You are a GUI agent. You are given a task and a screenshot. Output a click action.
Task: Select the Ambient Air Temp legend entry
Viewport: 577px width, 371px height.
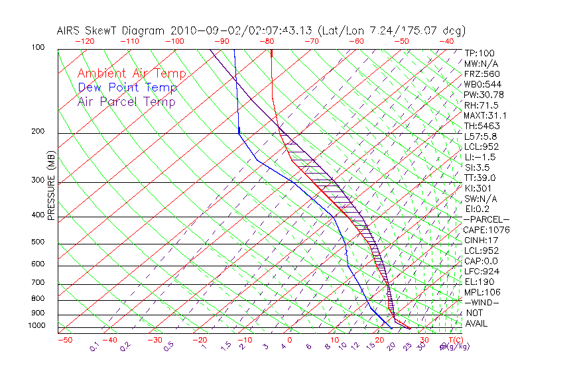coord(131,74)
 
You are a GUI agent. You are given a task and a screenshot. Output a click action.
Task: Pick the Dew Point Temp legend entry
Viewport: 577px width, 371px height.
coord(127,88)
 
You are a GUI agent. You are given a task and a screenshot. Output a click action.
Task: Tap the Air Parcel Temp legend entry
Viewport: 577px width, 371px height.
coord(126,102)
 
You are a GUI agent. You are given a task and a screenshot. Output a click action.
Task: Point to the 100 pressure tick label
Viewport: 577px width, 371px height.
coord(38,48)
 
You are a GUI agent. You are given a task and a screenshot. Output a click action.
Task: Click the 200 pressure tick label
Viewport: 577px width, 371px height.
coord(38,132)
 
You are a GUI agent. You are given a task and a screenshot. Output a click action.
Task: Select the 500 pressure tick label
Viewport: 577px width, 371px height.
coord(38,242)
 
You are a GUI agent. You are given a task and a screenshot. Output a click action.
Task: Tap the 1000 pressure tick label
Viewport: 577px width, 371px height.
coord(36,326)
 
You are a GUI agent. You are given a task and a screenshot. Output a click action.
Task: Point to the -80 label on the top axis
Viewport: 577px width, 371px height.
coord(266,41)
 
